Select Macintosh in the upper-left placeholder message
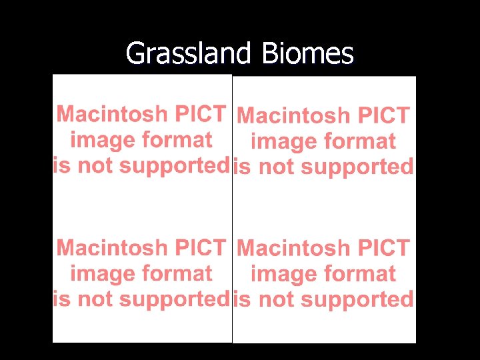click(x=112, y=114)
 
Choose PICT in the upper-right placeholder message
click(x=383, y=116)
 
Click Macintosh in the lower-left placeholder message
click(x=112, y=248)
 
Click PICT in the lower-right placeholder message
click(x=383, y=249)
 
